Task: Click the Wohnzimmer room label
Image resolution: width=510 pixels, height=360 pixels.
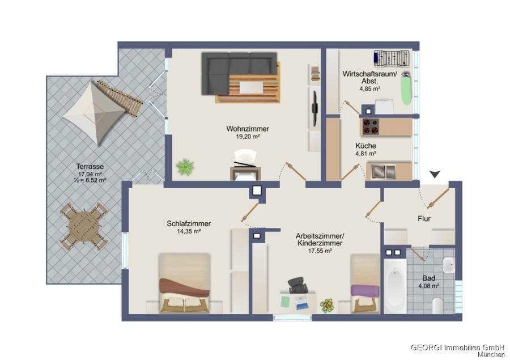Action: [x=248, y=129]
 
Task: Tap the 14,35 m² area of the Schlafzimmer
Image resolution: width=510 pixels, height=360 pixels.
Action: [x=189, y=231]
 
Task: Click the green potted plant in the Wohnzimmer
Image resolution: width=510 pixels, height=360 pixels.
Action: [x=185, y=167]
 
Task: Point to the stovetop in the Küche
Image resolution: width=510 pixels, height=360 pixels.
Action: [x=371, y=126]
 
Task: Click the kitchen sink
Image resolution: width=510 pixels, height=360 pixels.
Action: [x=384, y=172]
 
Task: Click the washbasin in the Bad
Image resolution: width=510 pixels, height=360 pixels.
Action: [x=449, y=265]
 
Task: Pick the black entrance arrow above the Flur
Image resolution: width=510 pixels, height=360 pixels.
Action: [x=435, y=174]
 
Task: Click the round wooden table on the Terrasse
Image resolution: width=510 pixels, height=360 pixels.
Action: [x=84, y=227]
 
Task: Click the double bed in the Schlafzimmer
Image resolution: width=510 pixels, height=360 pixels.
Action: [x=184, y=283]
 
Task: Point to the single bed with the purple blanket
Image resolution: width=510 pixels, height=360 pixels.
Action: [x=364, y=283]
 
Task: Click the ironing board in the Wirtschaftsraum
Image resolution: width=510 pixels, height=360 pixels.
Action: [x=406, y=88]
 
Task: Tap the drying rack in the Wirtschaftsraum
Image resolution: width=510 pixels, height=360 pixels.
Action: [x=392, y=58]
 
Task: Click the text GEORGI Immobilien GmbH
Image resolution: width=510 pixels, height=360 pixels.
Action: [x=458, y=348]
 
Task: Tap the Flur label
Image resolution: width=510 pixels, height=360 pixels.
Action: [x=424, y=219]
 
